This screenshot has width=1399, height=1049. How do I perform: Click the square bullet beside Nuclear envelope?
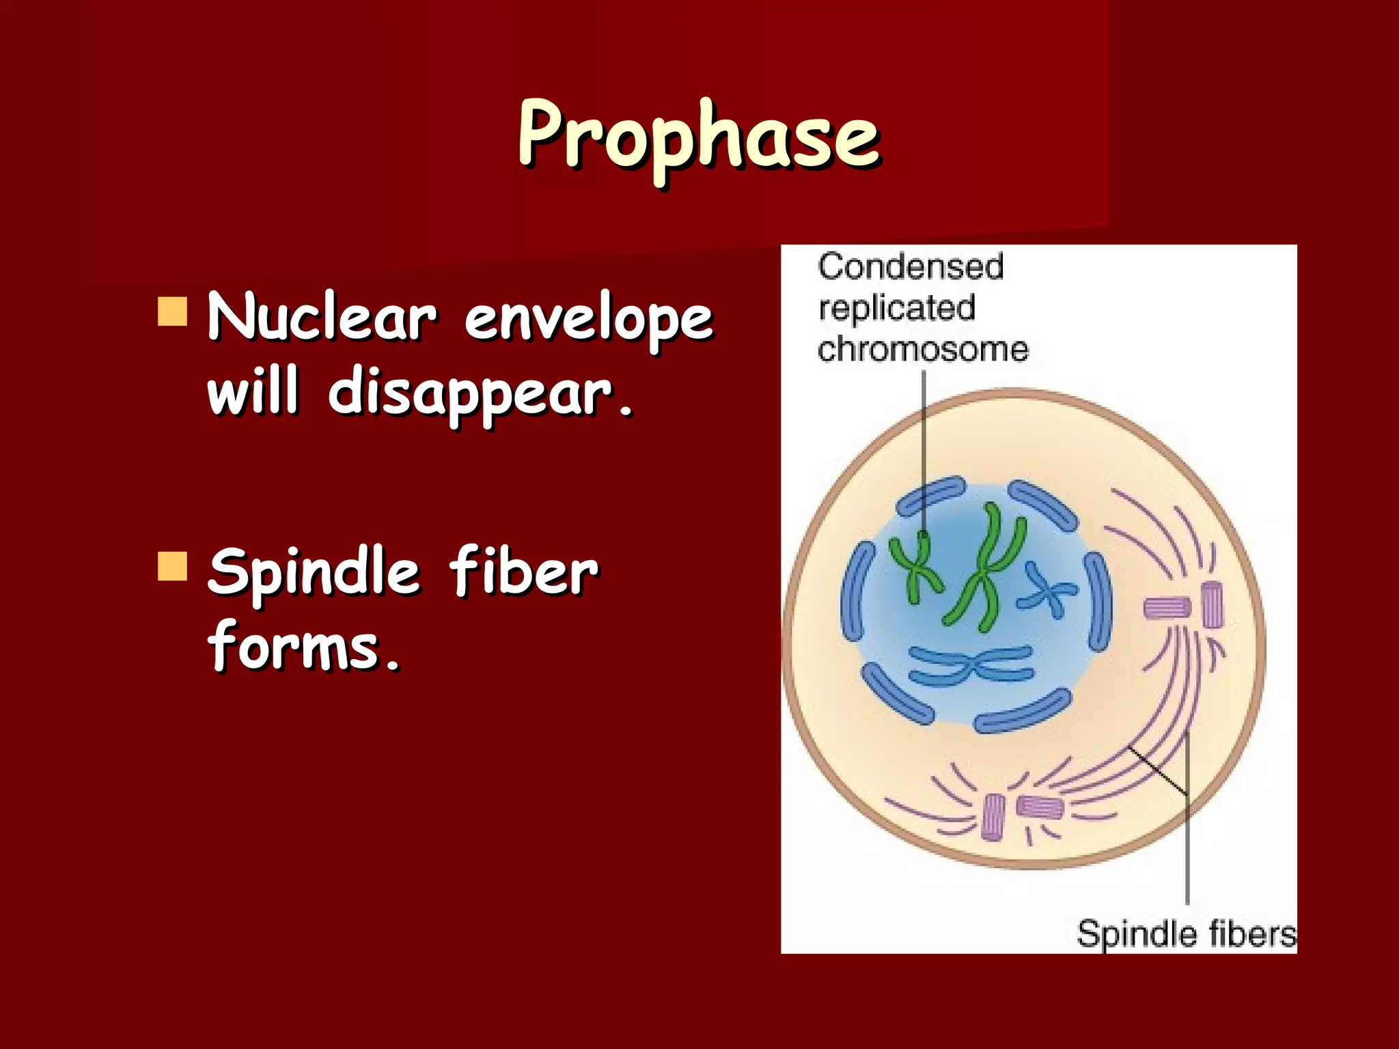tap(172, 311)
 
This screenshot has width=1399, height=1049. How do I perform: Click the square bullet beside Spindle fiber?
tap(172, 566)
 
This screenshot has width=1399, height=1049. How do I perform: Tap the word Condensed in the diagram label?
tap(911, 266)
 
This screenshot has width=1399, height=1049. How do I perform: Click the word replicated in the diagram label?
tap(896, 308)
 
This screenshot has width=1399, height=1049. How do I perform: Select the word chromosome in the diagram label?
tap(923, 350)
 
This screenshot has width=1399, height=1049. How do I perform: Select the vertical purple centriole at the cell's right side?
tap(1212, 606)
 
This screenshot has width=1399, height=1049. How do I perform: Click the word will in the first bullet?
tap(253, 391)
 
